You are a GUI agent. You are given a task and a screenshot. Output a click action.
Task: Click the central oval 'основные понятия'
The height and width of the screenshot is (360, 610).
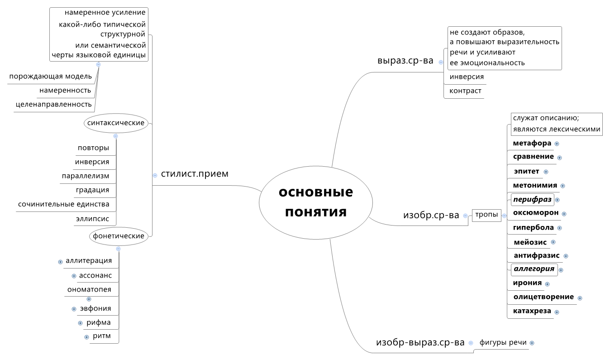[x=315, y=202]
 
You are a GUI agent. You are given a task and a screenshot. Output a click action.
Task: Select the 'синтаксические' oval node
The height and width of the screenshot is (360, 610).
[x=116, y=123]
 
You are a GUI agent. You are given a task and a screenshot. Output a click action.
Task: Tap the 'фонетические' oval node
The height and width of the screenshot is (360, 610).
[x=118, y=236]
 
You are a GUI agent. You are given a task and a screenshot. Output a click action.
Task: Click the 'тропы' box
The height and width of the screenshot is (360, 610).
[x=486, y=215]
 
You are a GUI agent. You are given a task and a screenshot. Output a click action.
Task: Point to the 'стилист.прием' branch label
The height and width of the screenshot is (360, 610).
[x=195, y=174]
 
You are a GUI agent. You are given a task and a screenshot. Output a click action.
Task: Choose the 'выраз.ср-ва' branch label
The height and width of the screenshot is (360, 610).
[x=405, y=61]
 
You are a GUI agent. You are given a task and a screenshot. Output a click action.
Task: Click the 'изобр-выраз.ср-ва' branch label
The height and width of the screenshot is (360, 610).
[x=420, y=343]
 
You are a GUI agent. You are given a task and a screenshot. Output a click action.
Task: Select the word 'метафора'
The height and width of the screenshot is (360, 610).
[x=532, y=143]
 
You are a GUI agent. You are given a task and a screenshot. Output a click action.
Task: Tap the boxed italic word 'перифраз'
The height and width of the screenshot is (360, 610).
[x=532, y=199]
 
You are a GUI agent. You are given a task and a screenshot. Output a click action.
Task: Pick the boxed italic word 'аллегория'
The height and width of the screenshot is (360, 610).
[x=534, y=269]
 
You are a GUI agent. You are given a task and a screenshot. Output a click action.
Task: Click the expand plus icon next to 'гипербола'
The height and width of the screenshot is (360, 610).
[x=560, y=228]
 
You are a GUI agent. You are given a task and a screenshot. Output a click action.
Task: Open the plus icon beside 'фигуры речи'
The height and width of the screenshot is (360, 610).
[x=532, y=343]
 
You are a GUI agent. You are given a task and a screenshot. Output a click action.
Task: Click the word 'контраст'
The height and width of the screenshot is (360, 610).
[x=465, y=91]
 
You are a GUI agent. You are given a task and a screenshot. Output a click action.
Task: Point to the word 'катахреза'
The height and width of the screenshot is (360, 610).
[x=532, y=311]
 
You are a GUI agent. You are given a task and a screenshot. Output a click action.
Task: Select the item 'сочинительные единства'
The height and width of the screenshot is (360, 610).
[x=63, y=204]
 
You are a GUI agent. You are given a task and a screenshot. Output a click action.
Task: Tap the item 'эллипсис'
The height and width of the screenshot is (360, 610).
[x=92, y=219]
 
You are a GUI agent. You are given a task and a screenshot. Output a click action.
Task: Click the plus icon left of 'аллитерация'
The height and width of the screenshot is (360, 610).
[x=60, y=262]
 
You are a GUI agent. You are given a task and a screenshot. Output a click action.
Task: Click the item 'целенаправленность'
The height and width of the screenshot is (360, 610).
[x=53, y=105]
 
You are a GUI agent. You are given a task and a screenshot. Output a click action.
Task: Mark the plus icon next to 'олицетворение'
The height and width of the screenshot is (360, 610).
[x=580, y=298]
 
